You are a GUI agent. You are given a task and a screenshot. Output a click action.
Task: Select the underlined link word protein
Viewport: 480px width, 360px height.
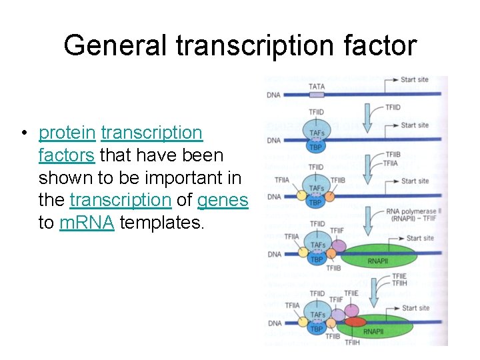67,133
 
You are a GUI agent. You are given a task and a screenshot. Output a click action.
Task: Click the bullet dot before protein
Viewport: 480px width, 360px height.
23,133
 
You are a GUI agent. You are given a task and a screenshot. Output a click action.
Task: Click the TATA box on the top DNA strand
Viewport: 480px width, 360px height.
317,95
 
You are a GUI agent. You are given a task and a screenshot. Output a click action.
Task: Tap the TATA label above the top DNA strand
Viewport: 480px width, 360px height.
317,86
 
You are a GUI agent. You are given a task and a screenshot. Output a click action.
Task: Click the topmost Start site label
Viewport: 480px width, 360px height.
415,80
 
